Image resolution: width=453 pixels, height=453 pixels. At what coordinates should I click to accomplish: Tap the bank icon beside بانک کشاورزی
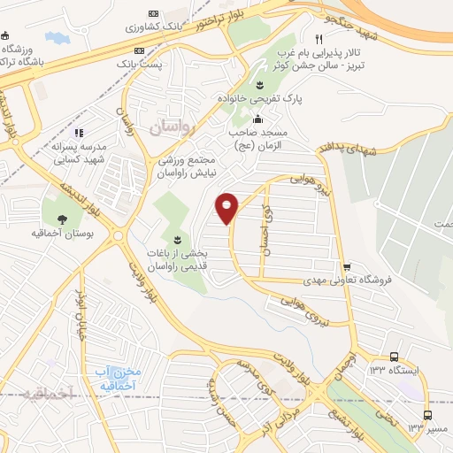(154, 14)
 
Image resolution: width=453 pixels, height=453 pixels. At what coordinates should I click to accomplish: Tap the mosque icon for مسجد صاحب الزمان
(257, 119)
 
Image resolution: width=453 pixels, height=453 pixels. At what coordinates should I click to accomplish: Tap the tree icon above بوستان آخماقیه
(63, 219)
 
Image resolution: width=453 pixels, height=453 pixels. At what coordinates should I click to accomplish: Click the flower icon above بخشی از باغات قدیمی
(177, 240)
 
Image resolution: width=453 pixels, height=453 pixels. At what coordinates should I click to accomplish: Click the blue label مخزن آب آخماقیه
(116, 379)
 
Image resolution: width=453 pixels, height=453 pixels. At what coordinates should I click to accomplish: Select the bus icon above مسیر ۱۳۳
(429, 415)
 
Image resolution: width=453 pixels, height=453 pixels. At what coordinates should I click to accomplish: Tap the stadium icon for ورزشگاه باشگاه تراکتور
(8, 35)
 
